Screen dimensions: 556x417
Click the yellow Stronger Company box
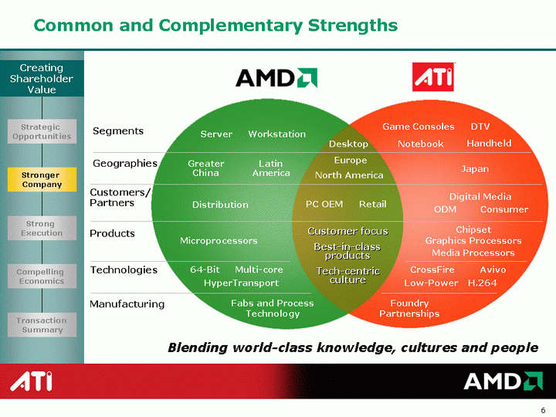click(x=42, y=179)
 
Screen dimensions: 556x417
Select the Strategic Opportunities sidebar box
click(x=42, y=131)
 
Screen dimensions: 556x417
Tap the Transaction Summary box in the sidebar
click(x=42, y=325)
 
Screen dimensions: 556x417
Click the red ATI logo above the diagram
click(x=433, y=77)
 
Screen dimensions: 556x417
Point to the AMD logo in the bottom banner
click(x=503, y=381)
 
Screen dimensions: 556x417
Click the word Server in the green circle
click(x=216, y=134)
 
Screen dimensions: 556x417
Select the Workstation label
click(x=277, y=134)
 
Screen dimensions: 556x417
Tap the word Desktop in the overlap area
click(x=348, y=144)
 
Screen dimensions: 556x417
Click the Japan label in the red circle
click(x=475, y=169)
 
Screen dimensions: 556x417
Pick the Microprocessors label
click(x=219, y=241)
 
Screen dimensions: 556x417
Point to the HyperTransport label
click(x=241, y=283)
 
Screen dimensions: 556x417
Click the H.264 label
click(x=482, y=283)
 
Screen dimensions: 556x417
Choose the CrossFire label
click(x=432, y=270)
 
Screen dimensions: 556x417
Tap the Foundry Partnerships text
click(x=409, y=308)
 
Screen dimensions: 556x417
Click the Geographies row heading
click(x=125, y=164)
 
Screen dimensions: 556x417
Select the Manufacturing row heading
click(x=127, y=304)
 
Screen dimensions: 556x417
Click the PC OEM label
click(x=324, y=204)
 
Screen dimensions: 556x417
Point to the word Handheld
click(x=489, y=144)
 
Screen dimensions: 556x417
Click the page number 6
click(x=543, y=410)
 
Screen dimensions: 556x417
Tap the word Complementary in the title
click(x=230, y=25)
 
